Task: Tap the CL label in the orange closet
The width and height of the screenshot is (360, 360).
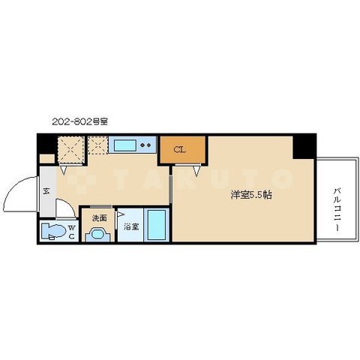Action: click(180, 148)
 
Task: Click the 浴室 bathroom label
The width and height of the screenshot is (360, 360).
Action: click(130, 226)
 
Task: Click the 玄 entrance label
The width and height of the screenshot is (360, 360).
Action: click(46, 193)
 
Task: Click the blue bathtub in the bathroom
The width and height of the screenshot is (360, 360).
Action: click(157, 225)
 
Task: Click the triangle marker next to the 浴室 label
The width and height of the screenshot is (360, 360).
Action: click(118, 223)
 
